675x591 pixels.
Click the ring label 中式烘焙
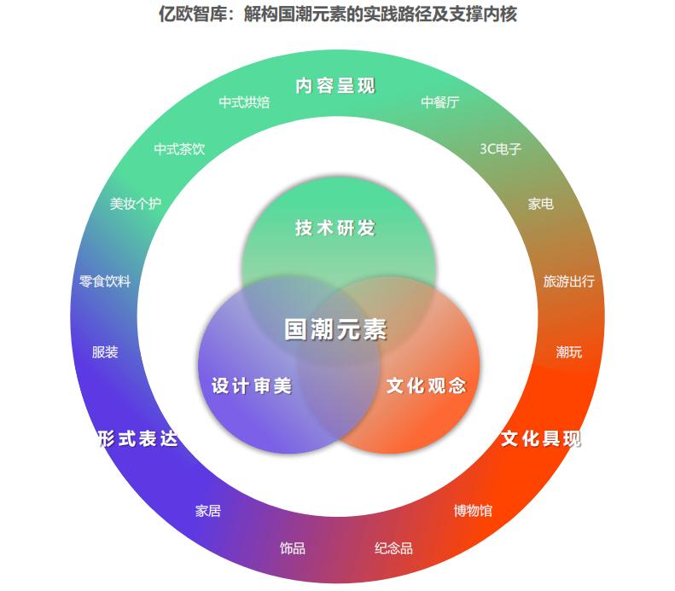coord(244,102)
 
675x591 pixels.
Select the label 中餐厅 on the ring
coord(440,102)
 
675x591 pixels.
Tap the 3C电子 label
coord(501,148)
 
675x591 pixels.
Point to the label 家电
coord(540,204)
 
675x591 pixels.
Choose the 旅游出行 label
coord(569,281)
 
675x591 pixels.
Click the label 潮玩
coord(569,351)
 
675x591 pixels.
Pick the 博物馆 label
coord(473,511)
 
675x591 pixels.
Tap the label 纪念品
coord(393,548)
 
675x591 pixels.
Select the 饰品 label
coord(293,548)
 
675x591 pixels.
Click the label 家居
coord(208,511)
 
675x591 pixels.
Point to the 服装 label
coord(105,351)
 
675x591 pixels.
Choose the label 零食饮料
coord(105,281)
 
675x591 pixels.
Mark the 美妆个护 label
coord(136,204)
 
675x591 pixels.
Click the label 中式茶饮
coord(179,148)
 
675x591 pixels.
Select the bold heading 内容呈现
coord(335,86)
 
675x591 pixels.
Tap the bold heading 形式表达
coord(137,438)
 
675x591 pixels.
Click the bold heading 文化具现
coord(541,438)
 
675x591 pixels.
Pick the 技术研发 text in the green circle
coord(335,229)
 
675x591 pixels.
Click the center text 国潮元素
coord(335,330)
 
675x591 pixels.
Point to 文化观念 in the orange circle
coord(427,385)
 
